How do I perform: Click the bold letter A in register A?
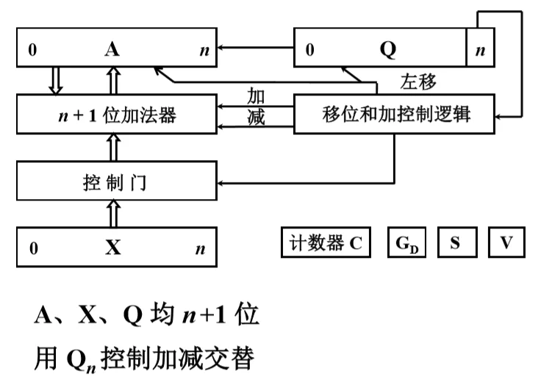[112, 50]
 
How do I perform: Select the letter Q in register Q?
[387, 50]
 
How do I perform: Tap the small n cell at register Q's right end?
[481, 50]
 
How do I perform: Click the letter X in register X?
[112, 248]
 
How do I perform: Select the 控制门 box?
[118, 181]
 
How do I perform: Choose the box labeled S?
[456, 243]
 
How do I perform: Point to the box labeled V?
[506, 243]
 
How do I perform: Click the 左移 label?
[417, 80]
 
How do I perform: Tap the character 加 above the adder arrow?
[256, 95]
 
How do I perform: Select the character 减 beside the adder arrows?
[256, 117]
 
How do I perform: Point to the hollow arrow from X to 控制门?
[112, 213]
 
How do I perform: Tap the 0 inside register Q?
[309, 51]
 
